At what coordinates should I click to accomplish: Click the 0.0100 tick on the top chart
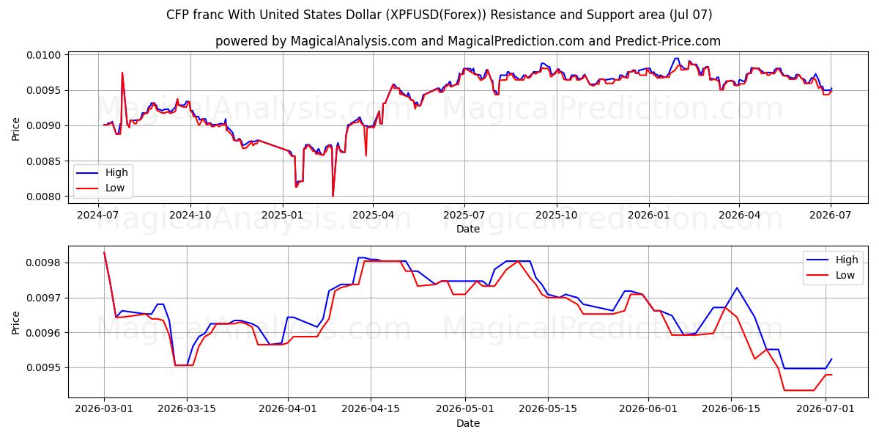(x=44, y=55)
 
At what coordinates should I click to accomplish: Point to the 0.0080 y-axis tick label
(x=44, y=197)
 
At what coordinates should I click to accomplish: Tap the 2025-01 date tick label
(x=282, y=216)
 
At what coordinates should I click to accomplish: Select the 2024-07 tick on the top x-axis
(x=98, y=216)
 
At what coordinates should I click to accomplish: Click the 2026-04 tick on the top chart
(x=739, y=216)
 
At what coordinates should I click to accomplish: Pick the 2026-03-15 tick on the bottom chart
(x=187, y=409)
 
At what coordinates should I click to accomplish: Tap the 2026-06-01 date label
(x=648, y=409)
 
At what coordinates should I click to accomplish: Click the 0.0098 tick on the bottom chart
(x=44, y=263)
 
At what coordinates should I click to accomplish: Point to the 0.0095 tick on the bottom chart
(x=44, y=368)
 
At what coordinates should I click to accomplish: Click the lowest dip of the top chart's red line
(x=333, y=196)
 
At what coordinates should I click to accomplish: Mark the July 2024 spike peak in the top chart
(x=122, y=73)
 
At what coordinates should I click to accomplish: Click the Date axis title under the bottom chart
(x=468, y=423)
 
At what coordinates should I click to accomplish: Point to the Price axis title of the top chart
(x=15, y=129)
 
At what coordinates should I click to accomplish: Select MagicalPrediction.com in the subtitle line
(x=516, y=41)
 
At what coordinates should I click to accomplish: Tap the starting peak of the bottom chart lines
(x=104, y=252)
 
